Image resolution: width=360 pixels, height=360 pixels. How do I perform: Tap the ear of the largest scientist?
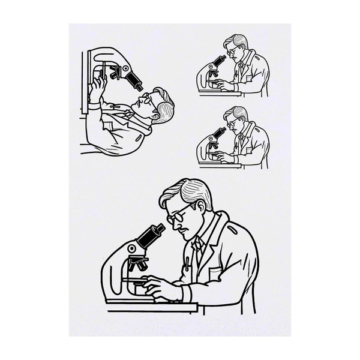tap(200, 210)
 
